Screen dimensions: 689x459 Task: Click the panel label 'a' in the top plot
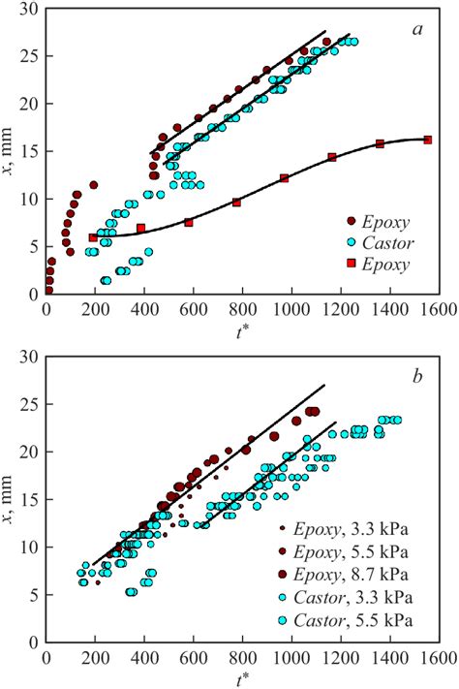(x=417, y=30)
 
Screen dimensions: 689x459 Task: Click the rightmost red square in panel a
(x=428, y=140)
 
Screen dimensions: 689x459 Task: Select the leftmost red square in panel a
(x=93, y=237)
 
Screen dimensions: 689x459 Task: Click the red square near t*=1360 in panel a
(x=380, y=144)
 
